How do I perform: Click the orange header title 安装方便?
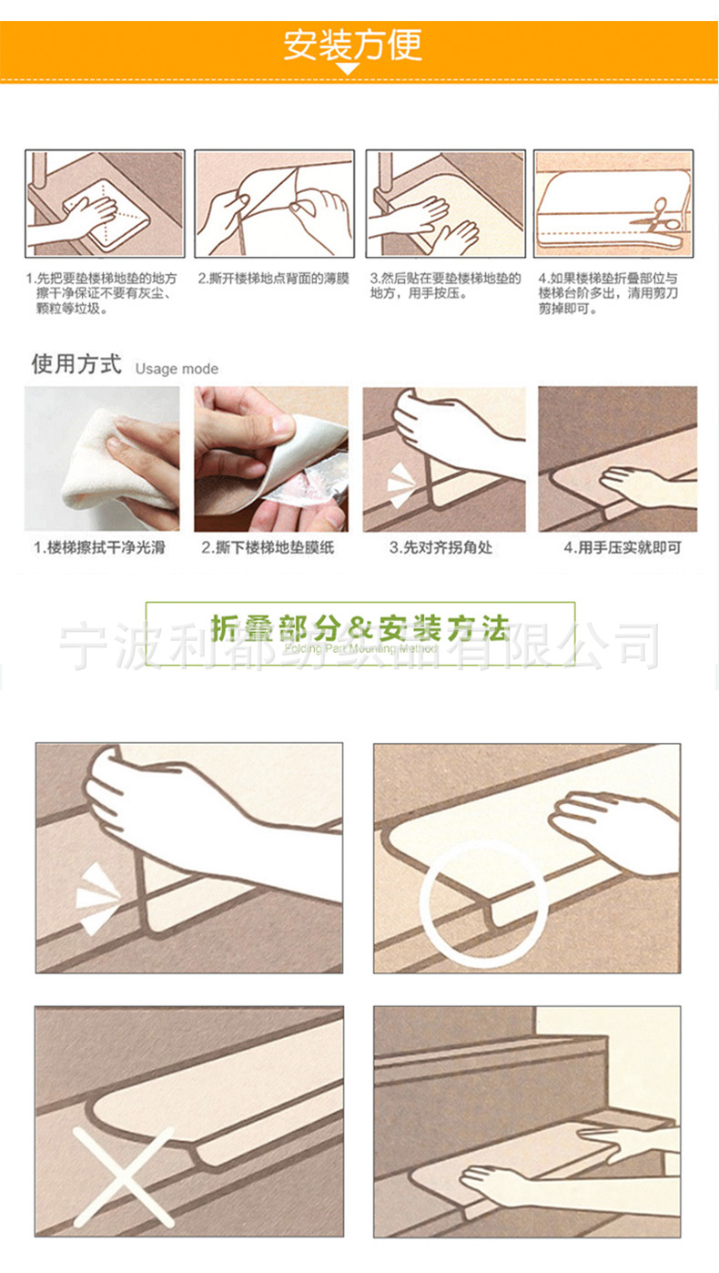352,45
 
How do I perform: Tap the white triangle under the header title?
348,69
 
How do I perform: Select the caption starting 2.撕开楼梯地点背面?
273,278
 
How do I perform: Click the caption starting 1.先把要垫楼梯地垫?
100,292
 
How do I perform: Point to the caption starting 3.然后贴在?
445,285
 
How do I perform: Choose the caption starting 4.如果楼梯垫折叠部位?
607,292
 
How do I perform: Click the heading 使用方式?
76,365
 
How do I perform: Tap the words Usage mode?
177,369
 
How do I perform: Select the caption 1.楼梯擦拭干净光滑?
100,547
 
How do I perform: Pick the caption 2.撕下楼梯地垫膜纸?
268,547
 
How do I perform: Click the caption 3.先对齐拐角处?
441,547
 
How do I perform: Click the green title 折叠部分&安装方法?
359,627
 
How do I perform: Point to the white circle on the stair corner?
482,901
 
